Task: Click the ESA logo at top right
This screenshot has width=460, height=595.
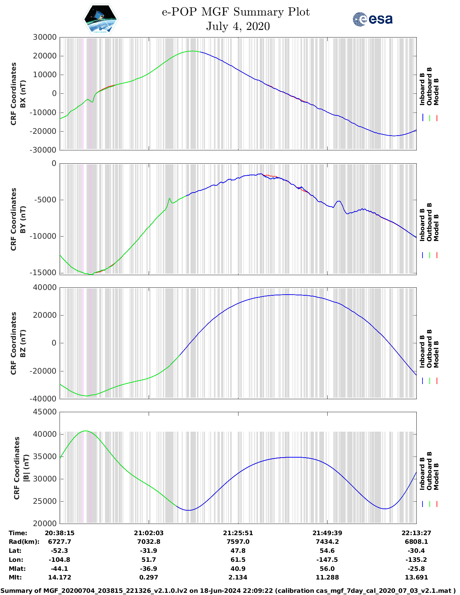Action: (373, 19)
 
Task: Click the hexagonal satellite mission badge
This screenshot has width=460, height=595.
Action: (101, 19)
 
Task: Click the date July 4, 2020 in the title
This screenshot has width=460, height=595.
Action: (238, 26)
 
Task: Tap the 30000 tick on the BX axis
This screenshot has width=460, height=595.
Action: (44, 37)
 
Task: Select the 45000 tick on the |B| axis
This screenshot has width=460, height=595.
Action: (44, 412)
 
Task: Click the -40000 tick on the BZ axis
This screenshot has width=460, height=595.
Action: (43, 399)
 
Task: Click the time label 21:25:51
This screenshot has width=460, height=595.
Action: (238, 533)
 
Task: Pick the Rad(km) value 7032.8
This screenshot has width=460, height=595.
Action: (149, 542)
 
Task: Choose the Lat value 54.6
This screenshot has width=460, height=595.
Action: (327, 551)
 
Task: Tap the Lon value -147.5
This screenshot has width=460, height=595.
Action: (327, 560)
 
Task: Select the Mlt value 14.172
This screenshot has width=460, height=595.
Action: (60, 577)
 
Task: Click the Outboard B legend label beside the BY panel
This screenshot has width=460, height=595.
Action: (429, 222)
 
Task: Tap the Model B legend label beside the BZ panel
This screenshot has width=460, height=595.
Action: (436, 354)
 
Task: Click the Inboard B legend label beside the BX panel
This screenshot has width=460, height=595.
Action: (422, 89)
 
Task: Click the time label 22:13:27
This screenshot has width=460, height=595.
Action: (416, 533)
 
